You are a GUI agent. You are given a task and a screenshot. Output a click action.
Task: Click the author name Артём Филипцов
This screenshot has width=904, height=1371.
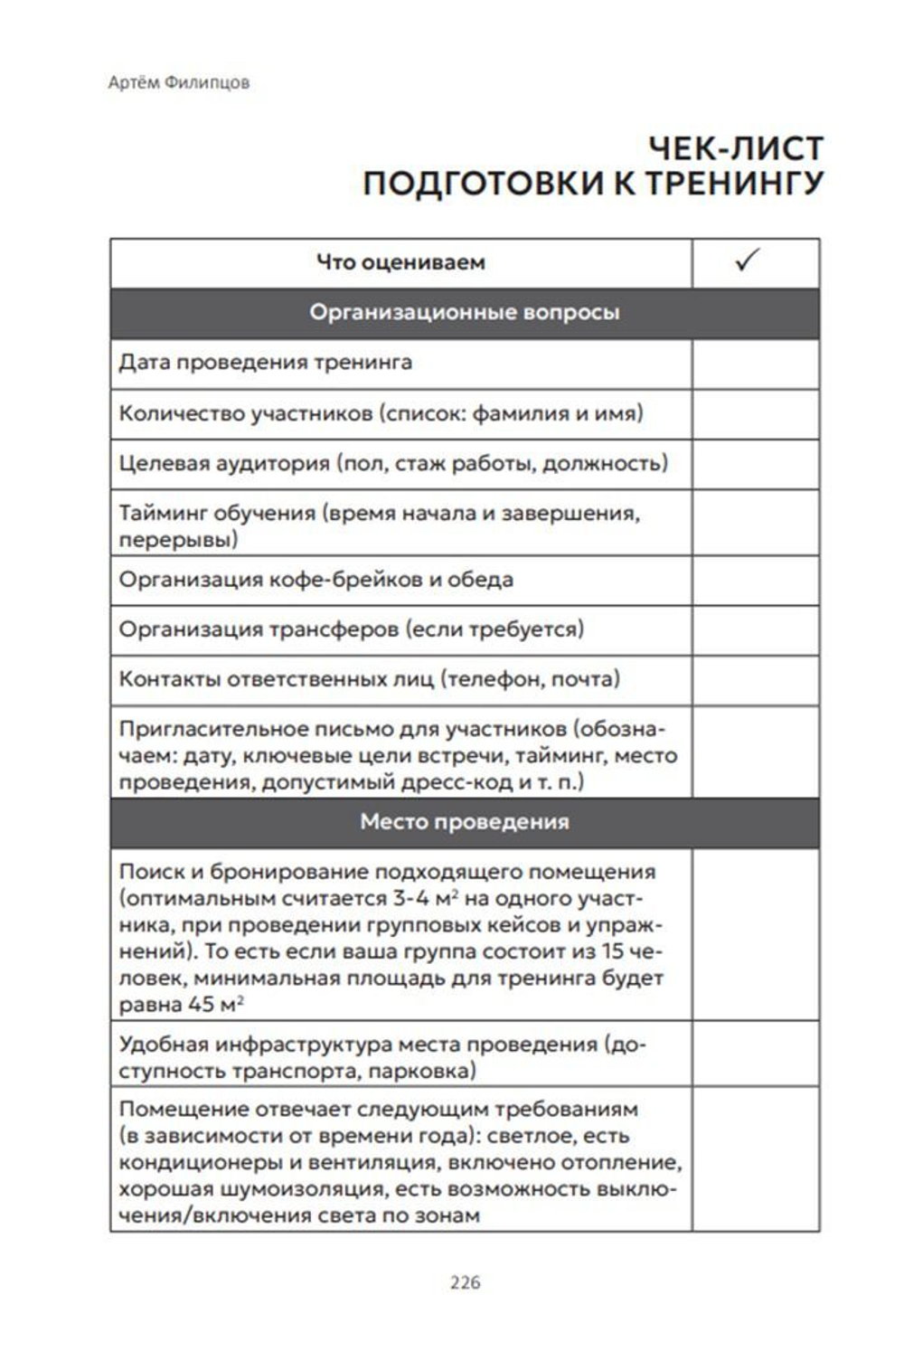click(179, 82)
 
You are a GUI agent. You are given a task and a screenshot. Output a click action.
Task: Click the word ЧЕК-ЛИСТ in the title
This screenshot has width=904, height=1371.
click(736, 148)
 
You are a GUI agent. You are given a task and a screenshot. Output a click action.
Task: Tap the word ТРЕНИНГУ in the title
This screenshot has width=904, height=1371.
click(733, 184)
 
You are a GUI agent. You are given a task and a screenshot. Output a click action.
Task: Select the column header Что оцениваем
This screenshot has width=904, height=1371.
click(400, 262)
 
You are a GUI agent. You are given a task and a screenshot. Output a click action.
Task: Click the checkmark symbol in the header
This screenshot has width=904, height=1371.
click(747, 260)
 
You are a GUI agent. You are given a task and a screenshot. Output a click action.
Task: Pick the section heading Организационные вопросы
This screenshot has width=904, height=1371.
click(464, 313)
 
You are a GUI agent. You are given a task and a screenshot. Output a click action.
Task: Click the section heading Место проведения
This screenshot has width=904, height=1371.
click(464, 822)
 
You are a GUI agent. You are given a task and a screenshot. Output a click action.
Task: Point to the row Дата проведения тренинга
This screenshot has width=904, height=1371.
click(265, 363)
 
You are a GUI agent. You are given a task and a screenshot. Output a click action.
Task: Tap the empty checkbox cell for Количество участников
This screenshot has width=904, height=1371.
click(755, 414)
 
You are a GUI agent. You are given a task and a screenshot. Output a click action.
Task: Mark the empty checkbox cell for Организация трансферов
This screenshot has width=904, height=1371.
click(755, 629)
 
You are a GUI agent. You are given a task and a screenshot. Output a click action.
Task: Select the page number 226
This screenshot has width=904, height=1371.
click(465, 1282)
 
